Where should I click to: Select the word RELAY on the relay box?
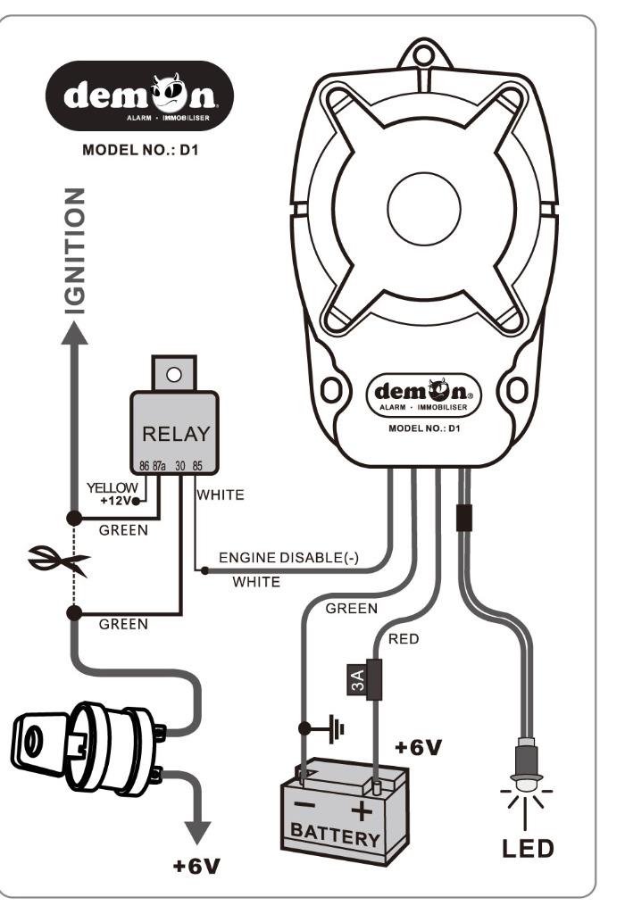point(176,435)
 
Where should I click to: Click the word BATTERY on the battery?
point(336,836)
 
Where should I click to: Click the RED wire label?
point(403,639)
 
